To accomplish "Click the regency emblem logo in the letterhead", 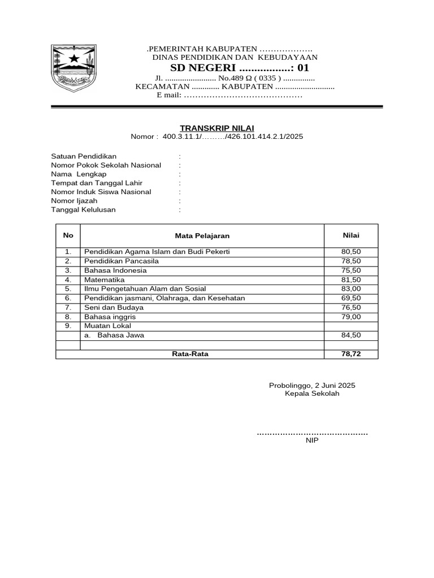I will pyautogui.click(x=72, y=68).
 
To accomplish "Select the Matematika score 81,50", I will pyautogui.click(x=351, y=279).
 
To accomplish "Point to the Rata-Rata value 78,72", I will pyautogui.click(x=351, y=354).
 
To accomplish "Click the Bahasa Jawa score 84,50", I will pyautogui.click(x=351, y=335).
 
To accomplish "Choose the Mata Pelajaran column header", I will pyautogui.click(x=202, y=236).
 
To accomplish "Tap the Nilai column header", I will pyautogui.click(x=351, y=235).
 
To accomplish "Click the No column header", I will pyautogui.click(x=68, y=235).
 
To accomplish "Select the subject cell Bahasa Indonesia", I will pyautogui.click(x=115, y=270).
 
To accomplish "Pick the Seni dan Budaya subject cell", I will pyautogui.click(x=114, y=308).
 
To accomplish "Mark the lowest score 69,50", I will pyautogui.click(x=351, y=298).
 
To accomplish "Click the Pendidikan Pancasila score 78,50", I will pyautogui.click(x=351, y=261).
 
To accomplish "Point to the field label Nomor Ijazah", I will pyautogui.click(x=74, y=201).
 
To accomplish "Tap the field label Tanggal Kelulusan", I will pyautogui.click(x=83, y=210).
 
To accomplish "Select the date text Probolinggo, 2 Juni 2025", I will pyautogui.click(x=312, y=385).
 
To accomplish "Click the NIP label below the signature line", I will pyautogui.click(x=312, y=441).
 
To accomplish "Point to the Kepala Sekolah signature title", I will pyautogui.click(x=312, y=393).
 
